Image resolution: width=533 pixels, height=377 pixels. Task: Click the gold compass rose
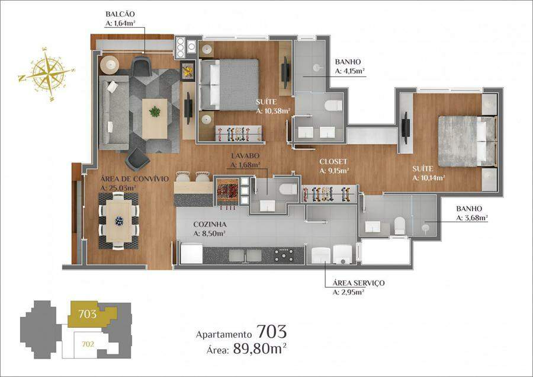tap(47, 74)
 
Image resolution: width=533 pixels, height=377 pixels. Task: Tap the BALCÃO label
tap(120, 14)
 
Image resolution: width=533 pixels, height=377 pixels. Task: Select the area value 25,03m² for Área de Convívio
tap(118, 188)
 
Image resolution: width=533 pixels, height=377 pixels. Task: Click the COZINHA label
tap(210, 225)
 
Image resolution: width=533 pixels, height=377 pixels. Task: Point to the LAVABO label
tap(245, 156)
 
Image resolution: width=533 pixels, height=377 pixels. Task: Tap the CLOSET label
tap(333, 162)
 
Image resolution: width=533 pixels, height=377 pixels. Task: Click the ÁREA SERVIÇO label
tap(359, 283)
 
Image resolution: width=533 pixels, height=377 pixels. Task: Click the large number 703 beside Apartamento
tap(271, 331)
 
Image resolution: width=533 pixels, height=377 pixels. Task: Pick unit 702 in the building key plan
tap(88, 344)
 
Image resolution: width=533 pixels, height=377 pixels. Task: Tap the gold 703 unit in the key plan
tap(88, 314)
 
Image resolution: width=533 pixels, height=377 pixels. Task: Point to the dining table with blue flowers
tap(119, 221)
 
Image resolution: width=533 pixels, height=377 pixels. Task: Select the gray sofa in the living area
tap(114, 113)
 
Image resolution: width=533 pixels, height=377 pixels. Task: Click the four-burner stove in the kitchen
tap(285, 255)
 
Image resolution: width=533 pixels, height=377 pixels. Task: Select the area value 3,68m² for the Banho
tap(472, 218)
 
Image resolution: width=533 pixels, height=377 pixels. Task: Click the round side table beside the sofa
tap(110, 65)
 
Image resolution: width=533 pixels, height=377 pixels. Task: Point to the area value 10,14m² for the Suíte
tap(429, 178)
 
